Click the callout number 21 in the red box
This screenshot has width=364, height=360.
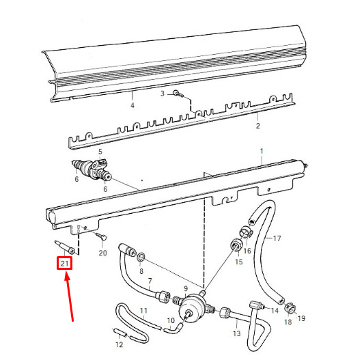64,264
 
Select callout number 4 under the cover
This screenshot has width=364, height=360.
132,105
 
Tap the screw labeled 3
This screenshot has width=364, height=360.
178,94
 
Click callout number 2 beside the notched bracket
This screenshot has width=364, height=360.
257,126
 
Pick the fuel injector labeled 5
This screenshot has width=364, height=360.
92,169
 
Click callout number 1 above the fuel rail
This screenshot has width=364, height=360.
262,151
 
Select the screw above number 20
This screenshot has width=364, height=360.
101,236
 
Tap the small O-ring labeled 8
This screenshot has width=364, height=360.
141,257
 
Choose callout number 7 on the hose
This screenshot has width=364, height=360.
150,281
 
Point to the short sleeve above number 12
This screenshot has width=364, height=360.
120,333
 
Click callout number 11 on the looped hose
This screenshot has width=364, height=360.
143,311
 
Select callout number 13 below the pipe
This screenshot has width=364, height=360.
236,333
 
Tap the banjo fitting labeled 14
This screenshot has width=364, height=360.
257,305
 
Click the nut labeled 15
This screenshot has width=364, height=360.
236,245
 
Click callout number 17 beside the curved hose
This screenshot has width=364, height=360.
277,238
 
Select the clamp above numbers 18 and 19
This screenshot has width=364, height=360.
290,308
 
